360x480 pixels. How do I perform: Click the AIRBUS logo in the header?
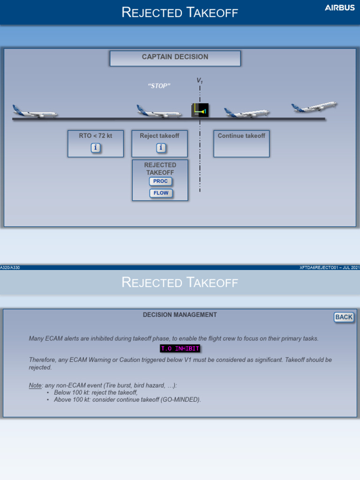tap(340, 8)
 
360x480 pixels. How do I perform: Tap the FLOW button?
tap(161, 193)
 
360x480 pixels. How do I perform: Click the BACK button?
tap(344, 317)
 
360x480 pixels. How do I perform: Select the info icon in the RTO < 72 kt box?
tap(95, 148)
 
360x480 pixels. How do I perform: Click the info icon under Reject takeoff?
tap(160, 148)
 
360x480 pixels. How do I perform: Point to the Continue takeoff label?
tap(241, 136)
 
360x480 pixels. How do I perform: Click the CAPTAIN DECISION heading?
tap(175, 57)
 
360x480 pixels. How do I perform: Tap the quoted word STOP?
tap(159, 86)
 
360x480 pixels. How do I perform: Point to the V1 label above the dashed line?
tap(200, 82)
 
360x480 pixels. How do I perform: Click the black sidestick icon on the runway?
tap(200, 111)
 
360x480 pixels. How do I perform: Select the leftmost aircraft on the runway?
tap(35, 112)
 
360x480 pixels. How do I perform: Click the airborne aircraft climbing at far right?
tap(314, 107)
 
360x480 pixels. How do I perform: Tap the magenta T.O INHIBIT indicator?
tap(180, 349)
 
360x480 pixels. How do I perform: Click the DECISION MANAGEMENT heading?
tap(180, 315)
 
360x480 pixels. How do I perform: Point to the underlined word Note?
tap(36, 385)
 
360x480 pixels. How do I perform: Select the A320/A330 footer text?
tap(10, 268)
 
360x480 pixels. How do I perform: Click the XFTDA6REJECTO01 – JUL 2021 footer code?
tap(330, 268)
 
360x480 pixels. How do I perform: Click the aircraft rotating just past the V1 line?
tap(247, 113)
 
